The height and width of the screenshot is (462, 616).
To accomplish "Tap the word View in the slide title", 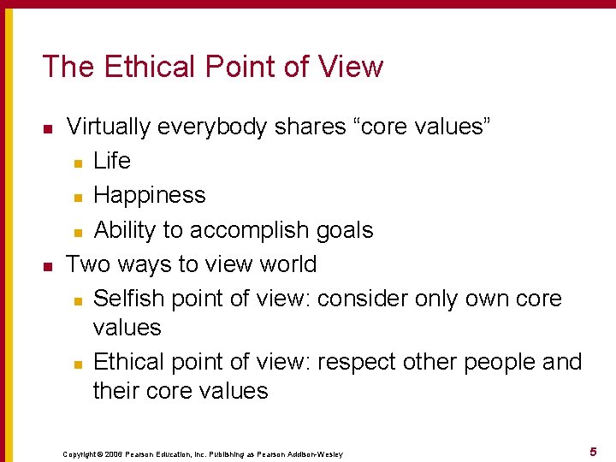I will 352,67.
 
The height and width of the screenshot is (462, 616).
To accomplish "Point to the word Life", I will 112,161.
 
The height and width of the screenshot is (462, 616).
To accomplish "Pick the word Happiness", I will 150,196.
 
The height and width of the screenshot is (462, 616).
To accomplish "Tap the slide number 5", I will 592,451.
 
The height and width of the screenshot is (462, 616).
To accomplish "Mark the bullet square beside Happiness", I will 78,197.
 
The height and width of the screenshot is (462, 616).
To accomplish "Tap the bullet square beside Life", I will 78,163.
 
